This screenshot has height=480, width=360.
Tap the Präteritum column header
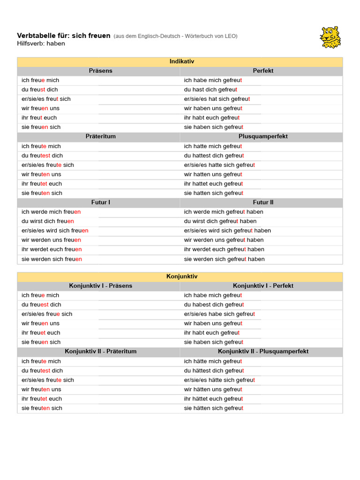[x=100, y=136]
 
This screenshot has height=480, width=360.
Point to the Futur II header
[x=263, y=202]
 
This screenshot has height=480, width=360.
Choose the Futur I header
[x=100, y=202]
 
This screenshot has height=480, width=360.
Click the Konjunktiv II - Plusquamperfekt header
[x=263, y=351]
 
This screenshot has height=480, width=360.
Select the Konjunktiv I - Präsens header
[x=100, y=285]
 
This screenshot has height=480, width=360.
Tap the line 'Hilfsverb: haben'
[x=41, y=44]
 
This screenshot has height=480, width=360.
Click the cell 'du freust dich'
[x=40, y=90]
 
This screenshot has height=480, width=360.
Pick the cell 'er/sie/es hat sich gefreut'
[x=217, y=99]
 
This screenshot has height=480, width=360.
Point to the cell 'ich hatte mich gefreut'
[x=213, y=146]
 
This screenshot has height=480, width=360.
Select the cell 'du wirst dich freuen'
[x=48, y=221]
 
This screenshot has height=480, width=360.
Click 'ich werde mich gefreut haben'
[x=224, y=212]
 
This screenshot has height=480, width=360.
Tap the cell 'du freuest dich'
[x=41, y=305]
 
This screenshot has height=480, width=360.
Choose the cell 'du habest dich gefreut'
[x=214, y=305]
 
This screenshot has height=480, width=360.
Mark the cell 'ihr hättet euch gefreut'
[x=213, y=399]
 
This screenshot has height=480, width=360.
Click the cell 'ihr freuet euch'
[x=41, y=333]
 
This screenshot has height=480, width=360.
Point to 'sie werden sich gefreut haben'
[x=224, y=259]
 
